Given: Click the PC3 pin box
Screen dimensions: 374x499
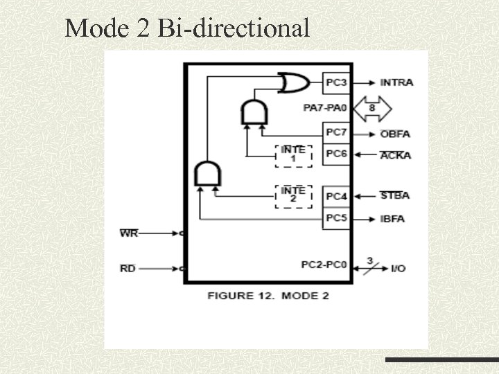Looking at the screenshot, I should pyautogui.click(x=336, y=83).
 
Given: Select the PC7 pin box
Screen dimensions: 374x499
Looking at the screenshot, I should pyautogui.click(x=336, y=132).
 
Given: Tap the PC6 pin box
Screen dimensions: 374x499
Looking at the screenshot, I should pyautogui.click(x=336, y=154).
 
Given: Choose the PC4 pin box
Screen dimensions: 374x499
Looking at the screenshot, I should pyautogui.click(x=336, y=197).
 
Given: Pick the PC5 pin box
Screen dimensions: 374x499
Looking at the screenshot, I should pyautogui.click(x=336, y=218).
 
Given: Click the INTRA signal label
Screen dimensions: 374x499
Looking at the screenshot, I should pyautogui.click(x=396, y=82).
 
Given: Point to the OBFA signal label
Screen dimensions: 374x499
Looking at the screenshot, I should pyautogui.click(x=395, y=134).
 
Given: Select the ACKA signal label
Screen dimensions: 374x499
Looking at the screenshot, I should pyautogui.click(x=395, y=155).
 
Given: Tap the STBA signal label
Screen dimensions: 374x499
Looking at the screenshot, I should pyautogui.click(x=395, y=195).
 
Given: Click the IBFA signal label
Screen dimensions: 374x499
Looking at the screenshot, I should pyautogui.click(x=393, y=219).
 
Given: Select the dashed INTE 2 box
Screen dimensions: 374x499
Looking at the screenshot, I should pyautogui.click(x=294, y=196).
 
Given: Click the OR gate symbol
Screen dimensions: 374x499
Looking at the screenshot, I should pyautogui.click(x=293, y=83).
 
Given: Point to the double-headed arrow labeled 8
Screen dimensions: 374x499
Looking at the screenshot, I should pyautogui.click(x=372, y=108).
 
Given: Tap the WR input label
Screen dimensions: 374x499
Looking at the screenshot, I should pyautogui.click(x=129, y=233).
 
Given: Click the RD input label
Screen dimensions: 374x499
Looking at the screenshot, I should pyautogui.click(x=128, y=268).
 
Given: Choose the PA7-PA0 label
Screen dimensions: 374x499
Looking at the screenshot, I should pyautogui.click(x=323, y=108).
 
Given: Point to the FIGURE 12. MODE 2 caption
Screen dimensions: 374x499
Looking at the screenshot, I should pyautogui.click(x=268, y=296).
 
